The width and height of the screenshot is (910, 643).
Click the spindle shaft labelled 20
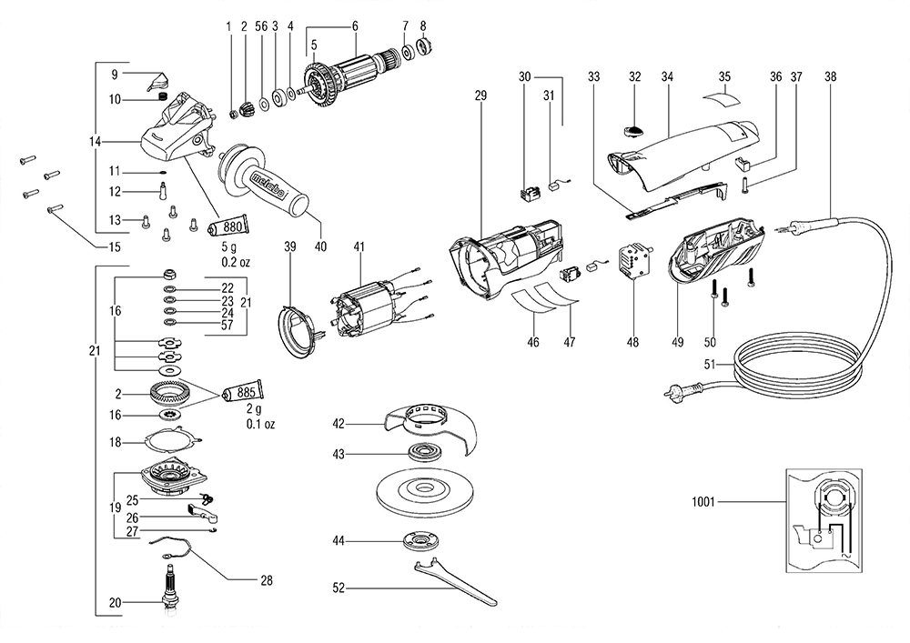tap(168, 588)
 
